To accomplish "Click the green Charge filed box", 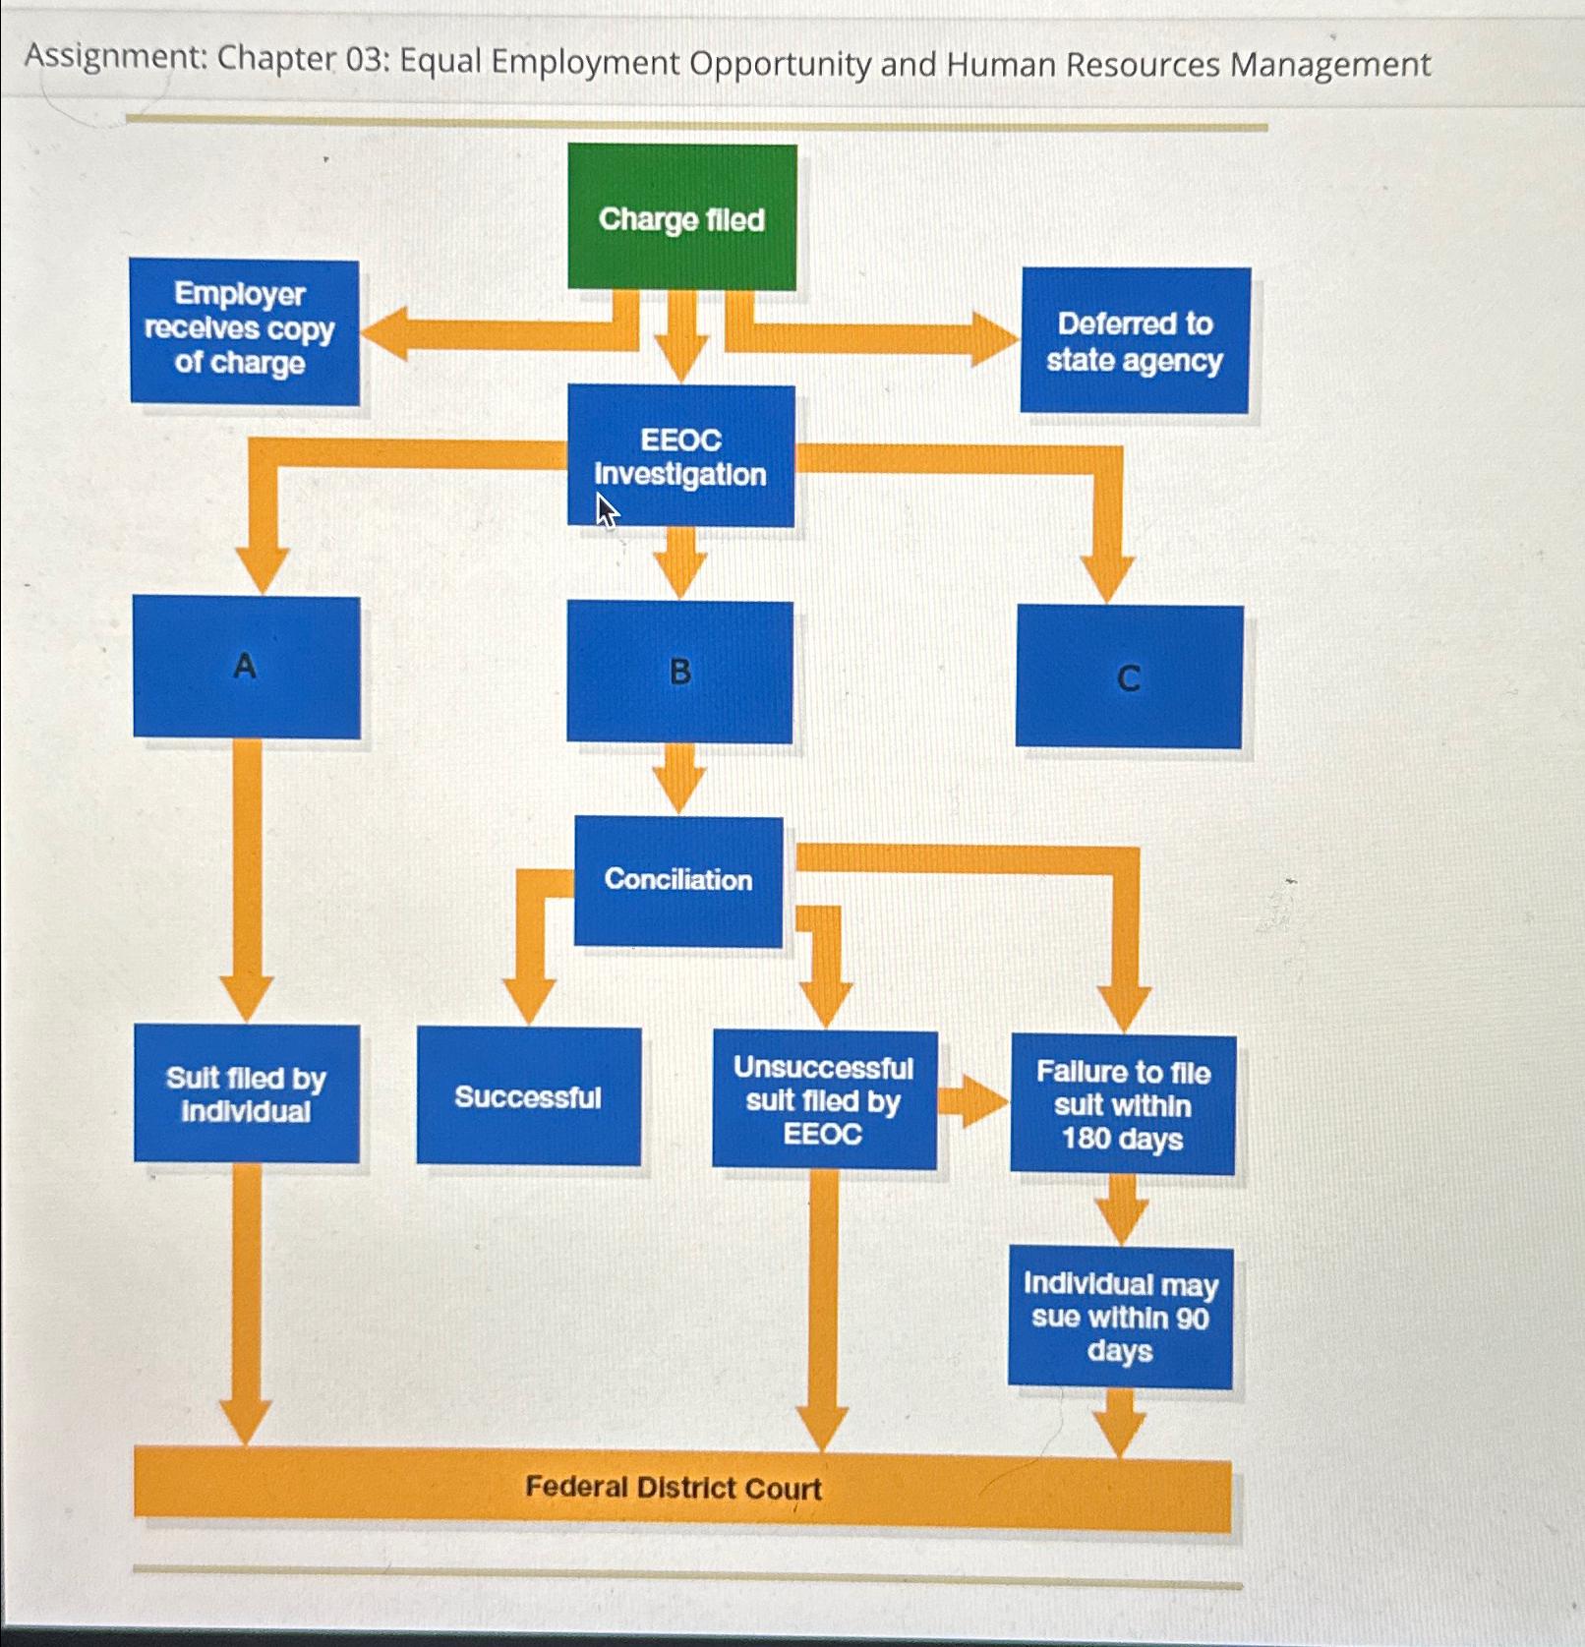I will point(681,217).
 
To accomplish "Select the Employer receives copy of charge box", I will point(244,331).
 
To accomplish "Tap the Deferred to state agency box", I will point(1135,340).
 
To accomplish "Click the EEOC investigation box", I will point(680,455).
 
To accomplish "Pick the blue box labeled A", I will point(246,668).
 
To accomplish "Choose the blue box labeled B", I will point(679,673).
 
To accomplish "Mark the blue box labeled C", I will point(1129,677).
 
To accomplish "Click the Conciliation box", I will point(678,880).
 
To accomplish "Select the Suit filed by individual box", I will point(246,1094).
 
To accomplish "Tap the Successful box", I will point(528,1097).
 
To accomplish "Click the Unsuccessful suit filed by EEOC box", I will point(824,1100).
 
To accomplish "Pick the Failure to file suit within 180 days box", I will point(1122,1105).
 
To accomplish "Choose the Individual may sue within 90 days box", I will point(1120,1318).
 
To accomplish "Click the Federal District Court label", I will point(673,1487).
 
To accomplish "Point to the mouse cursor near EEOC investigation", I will point(606,509).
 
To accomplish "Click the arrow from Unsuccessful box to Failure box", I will point(972,1100).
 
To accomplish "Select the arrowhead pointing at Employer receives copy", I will point(383,333).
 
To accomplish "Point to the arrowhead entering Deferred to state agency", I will point(995,339).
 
